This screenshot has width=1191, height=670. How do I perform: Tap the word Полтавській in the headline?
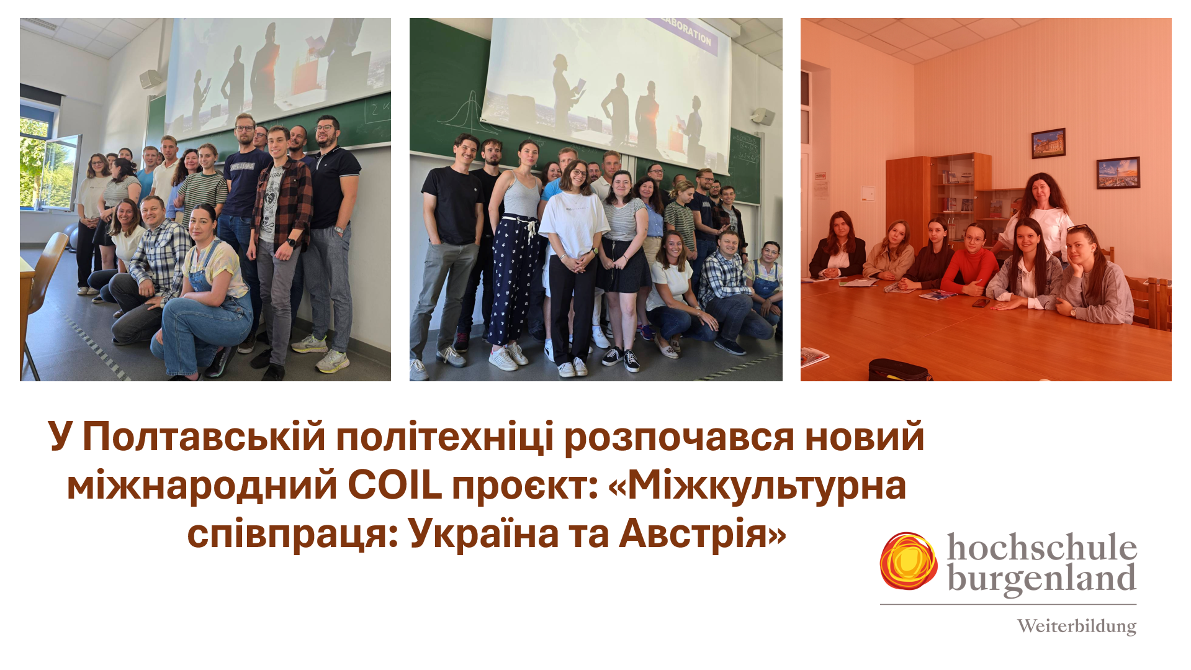coord(204,437)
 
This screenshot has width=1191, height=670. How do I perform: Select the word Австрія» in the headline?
coord(703,533)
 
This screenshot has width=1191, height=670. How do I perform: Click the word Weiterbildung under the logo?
coord(1076,626)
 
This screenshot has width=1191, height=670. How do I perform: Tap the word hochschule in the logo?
coord(1041,548)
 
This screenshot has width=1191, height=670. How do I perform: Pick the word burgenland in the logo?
coord(1041,579)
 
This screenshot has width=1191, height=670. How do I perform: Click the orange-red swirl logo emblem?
coord(909,561)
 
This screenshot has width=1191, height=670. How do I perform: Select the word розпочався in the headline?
coord(679,438)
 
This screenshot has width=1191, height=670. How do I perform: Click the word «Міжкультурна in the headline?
coord(757,486)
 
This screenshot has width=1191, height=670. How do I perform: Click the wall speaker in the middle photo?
coord(762,116)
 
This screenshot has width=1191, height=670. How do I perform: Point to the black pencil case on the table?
coord(900,369)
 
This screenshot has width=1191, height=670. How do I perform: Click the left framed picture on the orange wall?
coord(1048,143)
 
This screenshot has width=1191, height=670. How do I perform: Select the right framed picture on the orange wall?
coord(1118,173)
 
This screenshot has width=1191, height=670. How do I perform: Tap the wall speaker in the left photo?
coord(151,79)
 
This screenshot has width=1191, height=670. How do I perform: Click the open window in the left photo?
coord(49,165)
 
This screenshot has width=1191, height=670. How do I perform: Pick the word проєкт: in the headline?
coord(525,487)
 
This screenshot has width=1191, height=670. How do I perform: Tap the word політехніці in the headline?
coord(444,438)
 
